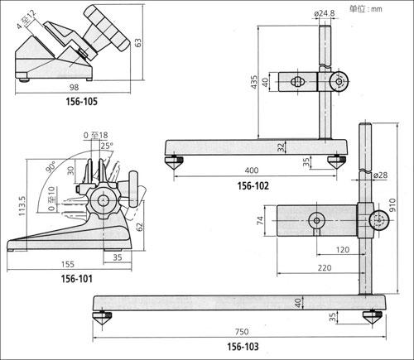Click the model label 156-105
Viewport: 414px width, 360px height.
click(81, 102)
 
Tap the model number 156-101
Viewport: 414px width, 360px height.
click(76, 279)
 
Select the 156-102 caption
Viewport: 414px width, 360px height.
click(253, 186)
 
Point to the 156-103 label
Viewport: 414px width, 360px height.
click(243, 347)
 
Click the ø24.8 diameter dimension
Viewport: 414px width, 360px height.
click(325, 13)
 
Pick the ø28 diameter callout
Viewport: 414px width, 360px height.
click(380, 175)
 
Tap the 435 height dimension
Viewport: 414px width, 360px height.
click(254, 82)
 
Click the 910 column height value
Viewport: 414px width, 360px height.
click(392, 204)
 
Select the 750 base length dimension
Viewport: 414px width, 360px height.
click(242, 332)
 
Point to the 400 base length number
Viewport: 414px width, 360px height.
click(252, 170)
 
